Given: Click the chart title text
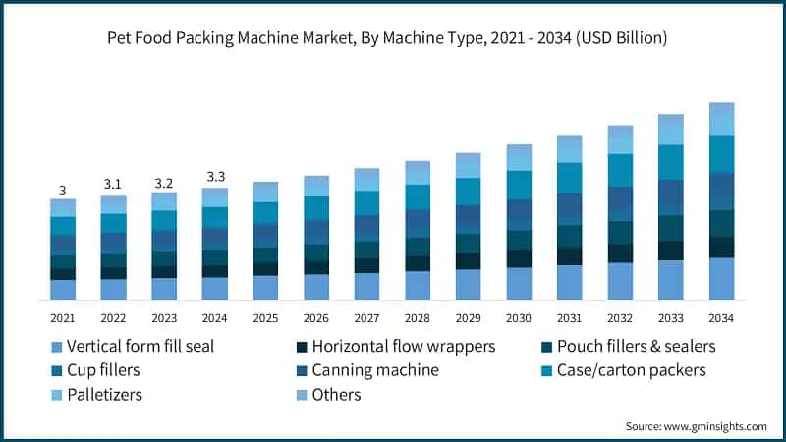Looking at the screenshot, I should [x=393, y=39].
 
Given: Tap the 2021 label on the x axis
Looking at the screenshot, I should [x=63, y=317].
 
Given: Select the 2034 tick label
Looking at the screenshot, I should [x=721, y=317].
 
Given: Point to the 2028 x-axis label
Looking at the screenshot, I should [x=418, y=317].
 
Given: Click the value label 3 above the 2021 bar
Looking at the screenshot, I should [x=63, y=191].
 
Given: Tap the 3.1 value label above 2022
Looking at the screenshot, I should [x=113, y=184].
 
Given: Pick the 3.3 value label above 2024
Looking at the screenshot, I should [x=214, y=177].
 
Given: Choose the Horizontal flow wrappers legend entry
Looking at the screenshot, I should [x=403, y=347].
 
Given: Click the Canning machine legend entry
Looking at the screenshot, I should [x=374, y=370].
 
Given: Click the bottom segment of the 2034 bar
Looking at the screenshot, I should [x=721, y=278].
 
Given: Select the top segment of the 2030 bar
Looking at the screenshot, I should [x=519, y=157].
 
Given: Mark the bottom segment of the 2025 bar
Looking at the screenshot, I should [x=265, y=287].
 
